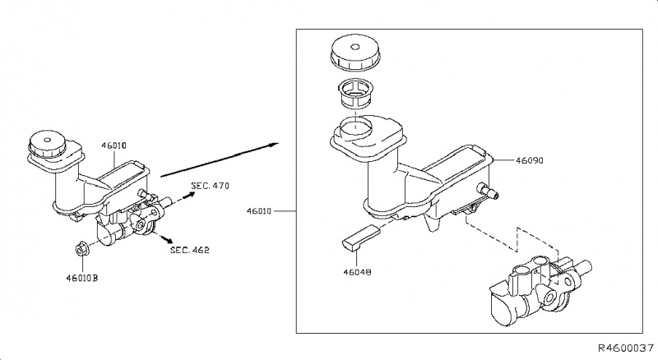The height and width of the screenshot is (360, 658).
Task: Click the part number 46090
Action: click(x=532, y=163)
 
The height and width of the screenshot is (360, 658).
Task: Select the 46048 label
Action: click(x=356, y=268)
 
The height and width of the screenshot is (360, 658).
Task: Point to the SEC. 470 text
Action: click(x=210, y=187)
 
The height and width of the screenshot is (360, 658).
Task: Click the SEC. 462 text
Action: click(x=190, y=249)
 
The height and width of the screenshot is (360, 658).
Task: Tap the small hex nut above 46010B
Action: click(x=83, y=247)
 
